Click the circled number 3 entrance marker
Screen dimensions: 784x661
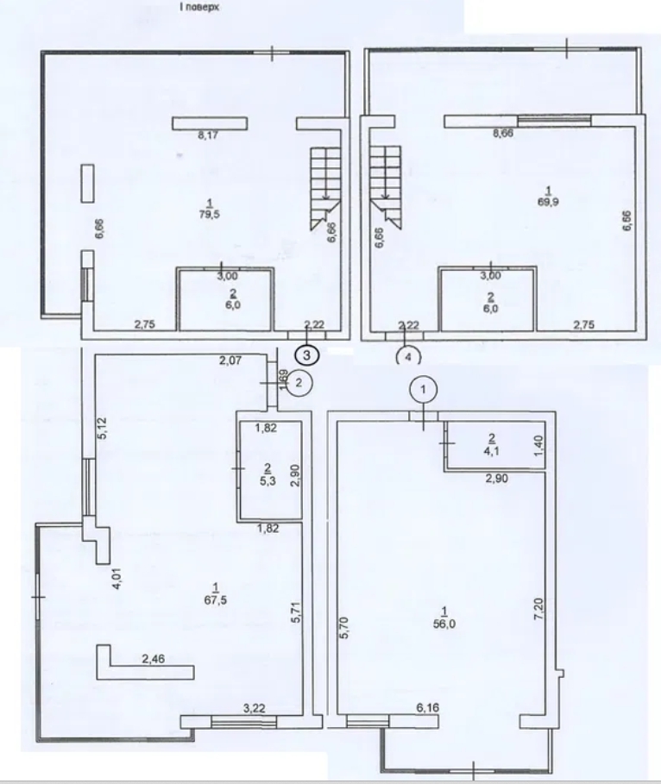tap(308, 353)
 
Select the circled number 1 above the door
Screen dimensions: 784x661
tap(423, 391)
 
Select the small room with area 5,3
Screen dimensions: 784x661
tap(269, 471)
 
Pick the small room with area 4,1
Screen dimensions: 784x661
tap(492, 443)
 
